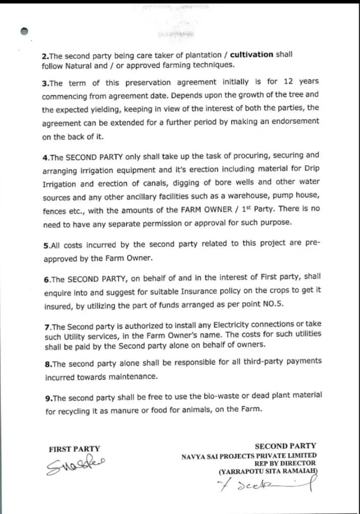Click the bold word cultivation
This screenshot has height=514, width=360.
click(252, 55)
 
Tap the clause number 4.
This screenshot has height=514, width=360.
click(45, 158)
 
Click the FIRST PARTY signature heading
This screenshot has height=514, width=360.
click(74, 449)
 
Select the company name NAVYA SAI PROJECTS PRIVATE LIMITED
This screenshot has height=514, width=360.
click(249, 456)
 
